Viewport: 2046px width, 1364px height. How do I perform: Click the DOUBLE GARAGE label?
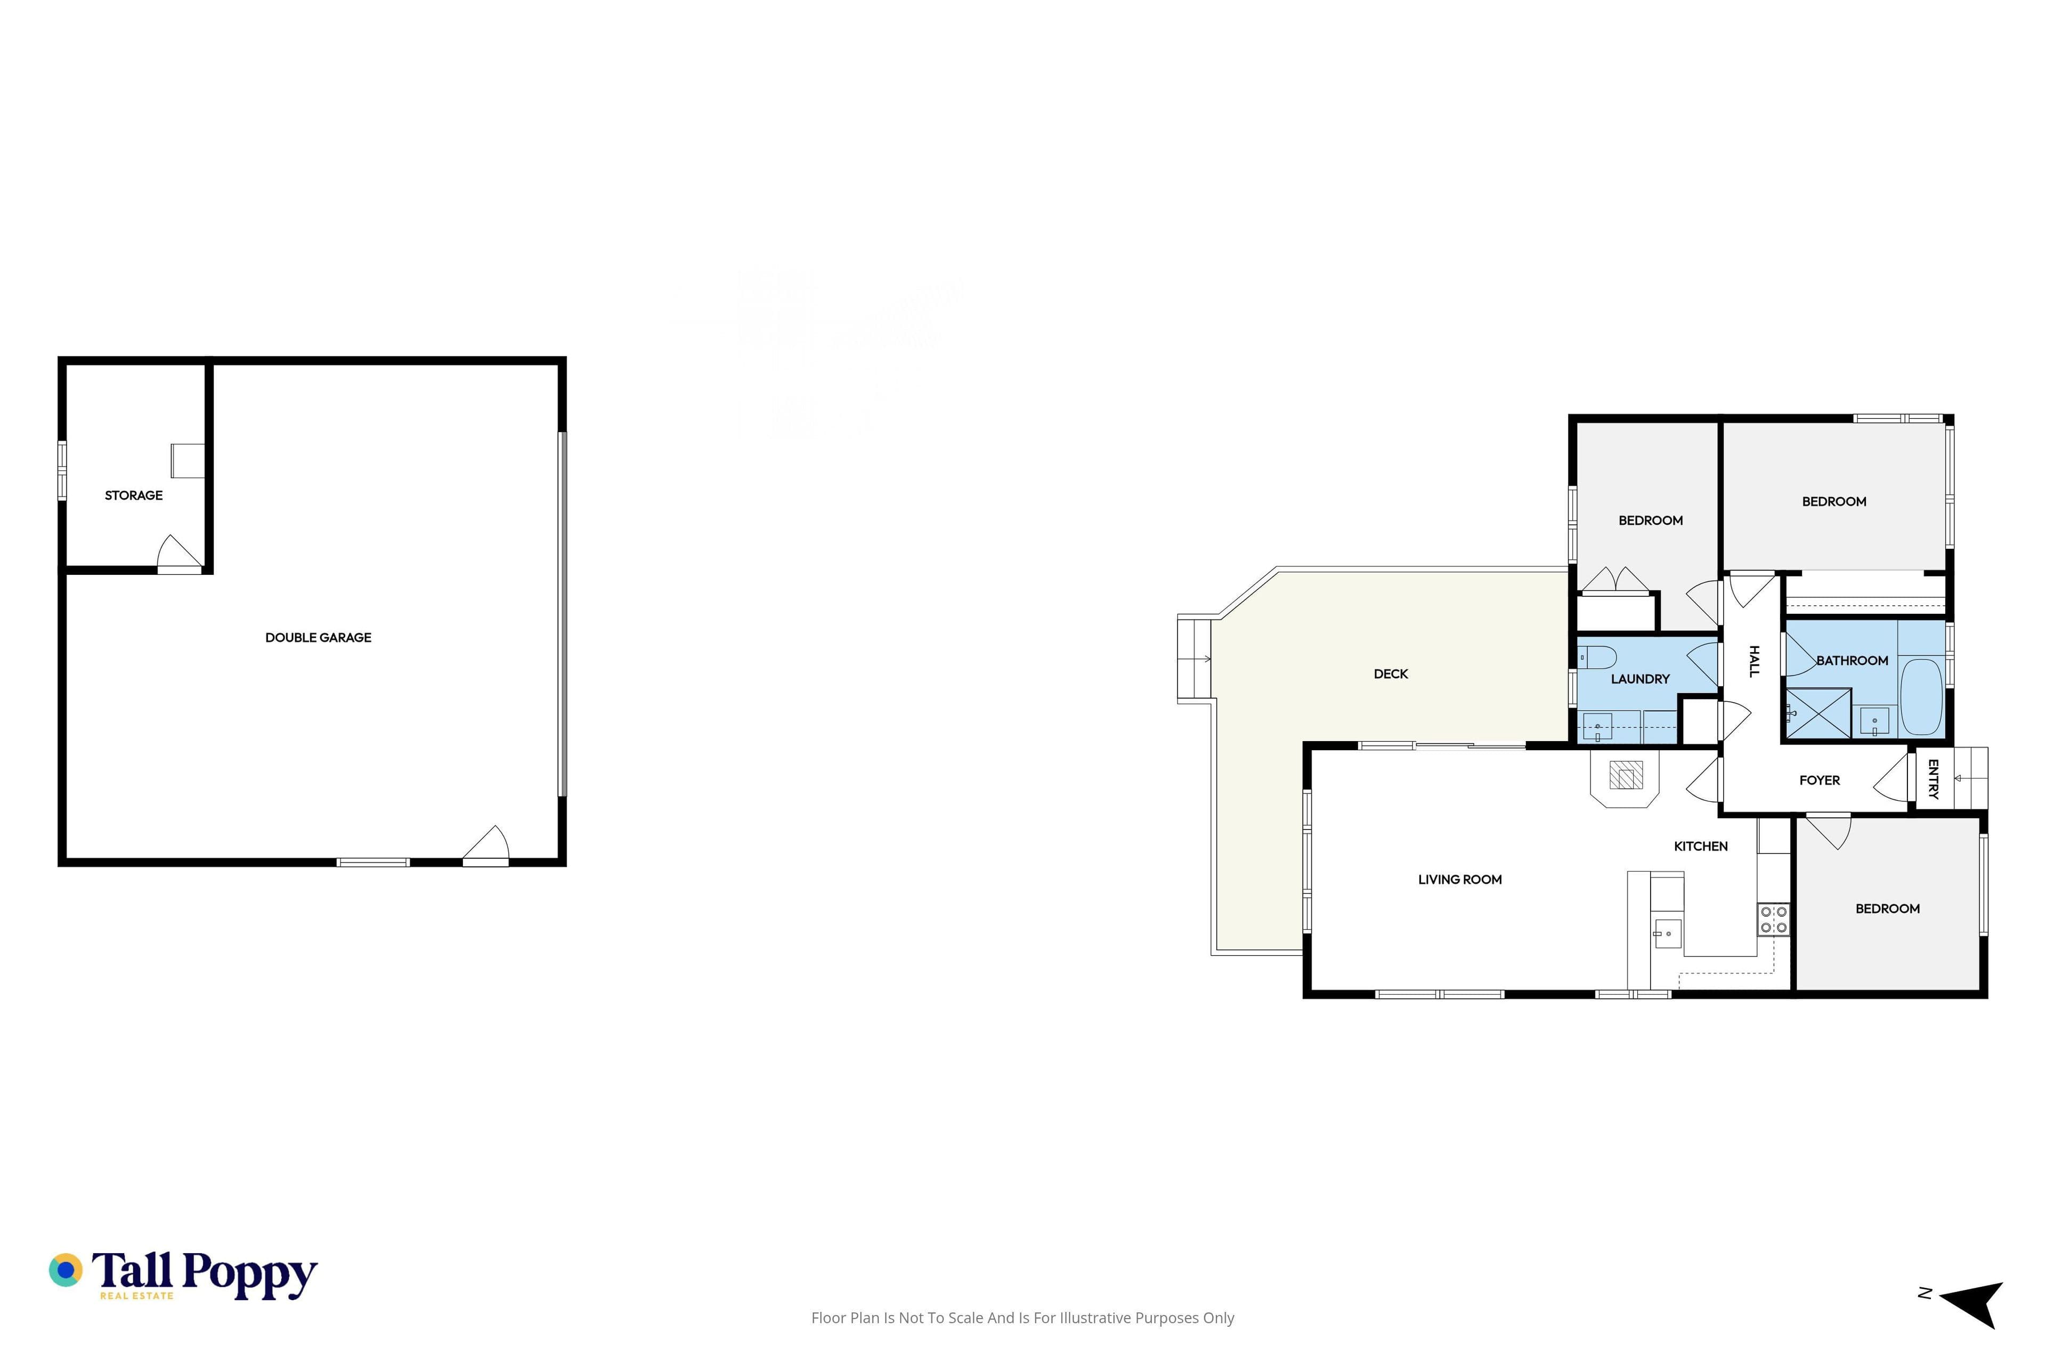point(319,638)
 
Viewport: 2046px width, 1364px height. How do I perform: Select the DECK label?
point(1391,674)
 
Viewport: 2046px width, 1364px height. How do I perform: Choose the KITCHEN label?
point(1701,847)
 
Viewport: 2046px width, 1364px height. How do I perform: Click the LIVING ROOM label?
point(1460,880)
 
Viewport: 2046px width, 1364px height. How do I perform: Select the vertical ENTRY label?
point(1933,780)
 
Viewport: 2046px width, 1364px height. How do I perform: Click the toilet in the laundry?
point(1597,657)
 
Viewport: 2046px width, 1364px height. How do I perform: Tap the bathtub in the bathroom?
point(1922,697)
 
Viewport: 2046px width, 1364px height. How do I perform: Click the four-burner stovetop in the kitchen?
point(1774,920)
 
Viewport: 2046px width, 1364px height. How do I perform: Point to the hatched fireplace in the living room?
point(1625,775)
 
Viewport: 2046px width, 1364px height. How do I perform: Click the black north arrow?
point(1974,1305)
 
